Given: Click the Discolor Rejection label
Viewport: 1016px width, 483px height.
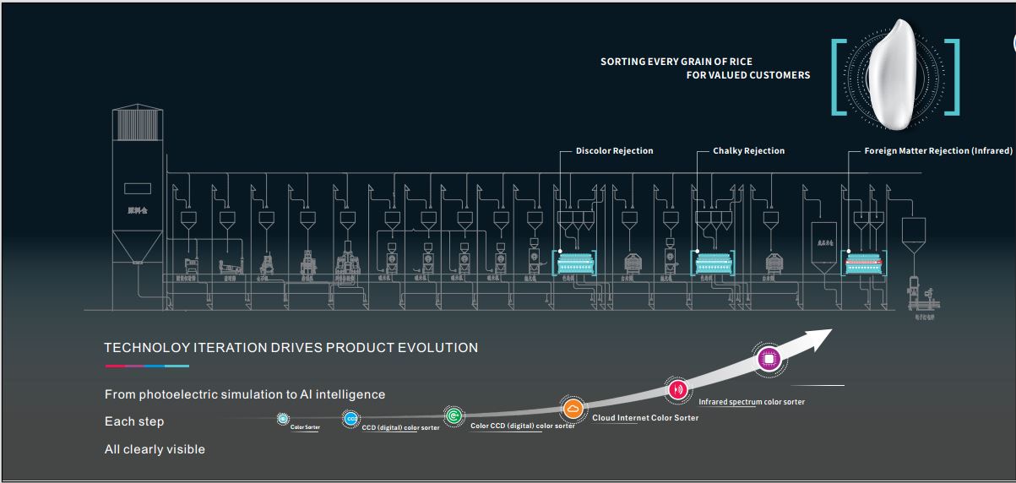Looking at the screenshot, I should (614, 151).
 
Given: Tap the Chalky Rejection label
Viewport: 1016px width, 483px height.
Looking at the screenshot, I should (748, 151).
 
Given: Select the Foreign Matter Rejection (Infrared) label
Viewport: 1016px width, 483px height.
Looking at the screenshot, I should (937, 151).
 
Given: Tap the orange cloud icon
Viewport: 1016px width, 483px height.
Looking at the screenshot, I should (573, 410).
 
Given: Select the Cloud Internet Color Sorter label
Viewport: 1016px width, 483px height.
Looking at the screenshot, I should (645, 418).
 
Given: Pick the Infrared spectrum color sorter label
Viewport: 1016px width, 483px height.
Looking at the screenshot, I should (752, 402).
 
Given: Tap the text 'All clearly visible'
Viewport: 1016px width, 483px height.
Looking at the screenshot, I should (155, 449).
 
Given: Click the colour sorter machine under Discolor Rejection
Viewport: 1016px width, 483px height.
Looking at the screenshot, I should (574, 263).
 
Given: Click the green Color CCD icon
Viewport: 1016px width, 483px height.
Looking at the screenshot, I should (454, 415).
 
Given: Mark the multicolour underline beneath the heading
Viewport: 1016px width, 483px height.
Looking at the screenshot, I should (146, 366).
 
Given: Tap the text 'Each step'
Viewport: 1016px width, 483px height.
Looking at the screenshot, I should (134, 421).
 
